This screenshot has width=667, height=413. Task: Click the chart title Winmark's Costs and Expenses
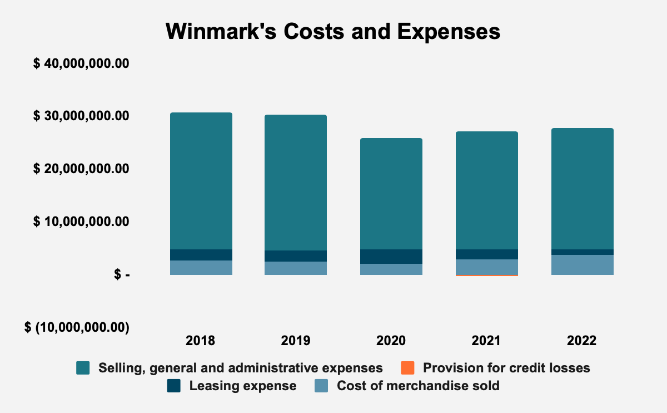tap(333, 32)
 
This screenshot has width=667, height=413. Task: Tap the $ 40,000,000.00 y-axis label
tap(81, 63)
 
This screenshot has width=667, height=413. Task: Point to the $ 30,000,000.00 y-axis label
tap(81, 116)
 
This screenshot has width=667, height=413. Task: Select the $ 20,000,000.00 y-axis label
tap(81, 169)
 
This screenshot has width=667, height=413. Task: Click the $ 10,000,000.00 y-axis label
tap(81, 222)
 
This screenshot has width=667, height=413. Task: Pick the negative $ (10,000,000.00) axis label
tap(77, 327)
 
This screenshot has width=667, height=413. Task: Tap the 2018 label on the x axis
tap(201, 341)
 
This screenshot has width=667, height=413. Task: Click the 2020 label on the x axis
tap(391, 341)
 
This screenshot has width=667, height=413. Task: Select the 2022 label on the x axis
tap(582, 341)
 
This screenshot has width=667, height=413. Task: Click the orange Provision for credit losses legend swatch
tap(407, 368)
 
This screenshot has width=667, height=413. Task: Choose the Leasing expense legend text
tap(243, 386)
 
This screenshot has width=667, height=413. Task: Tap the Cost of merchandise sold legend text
tap(418, 386)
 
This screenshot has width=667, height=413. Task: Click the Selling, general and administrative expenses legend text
tap(240, 368)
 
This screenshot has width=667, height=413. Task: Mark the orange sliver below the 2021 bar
tap(487, 276)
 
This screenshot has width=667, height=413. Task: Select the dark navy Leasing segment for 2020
tap(391, 257)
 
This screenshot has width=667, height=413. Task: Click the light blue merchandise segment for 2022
tap(582, 265)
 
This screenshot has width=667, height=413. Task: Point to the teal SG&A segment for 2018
tap(201, 181)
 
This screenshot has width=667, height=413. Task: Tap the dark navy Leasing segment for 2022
tap(582, 252)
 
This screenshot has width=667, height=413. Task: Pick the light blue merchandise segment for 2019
tap(296, 268)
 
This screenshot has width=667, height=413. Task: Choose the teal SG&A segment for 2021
tap(487, 190)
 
